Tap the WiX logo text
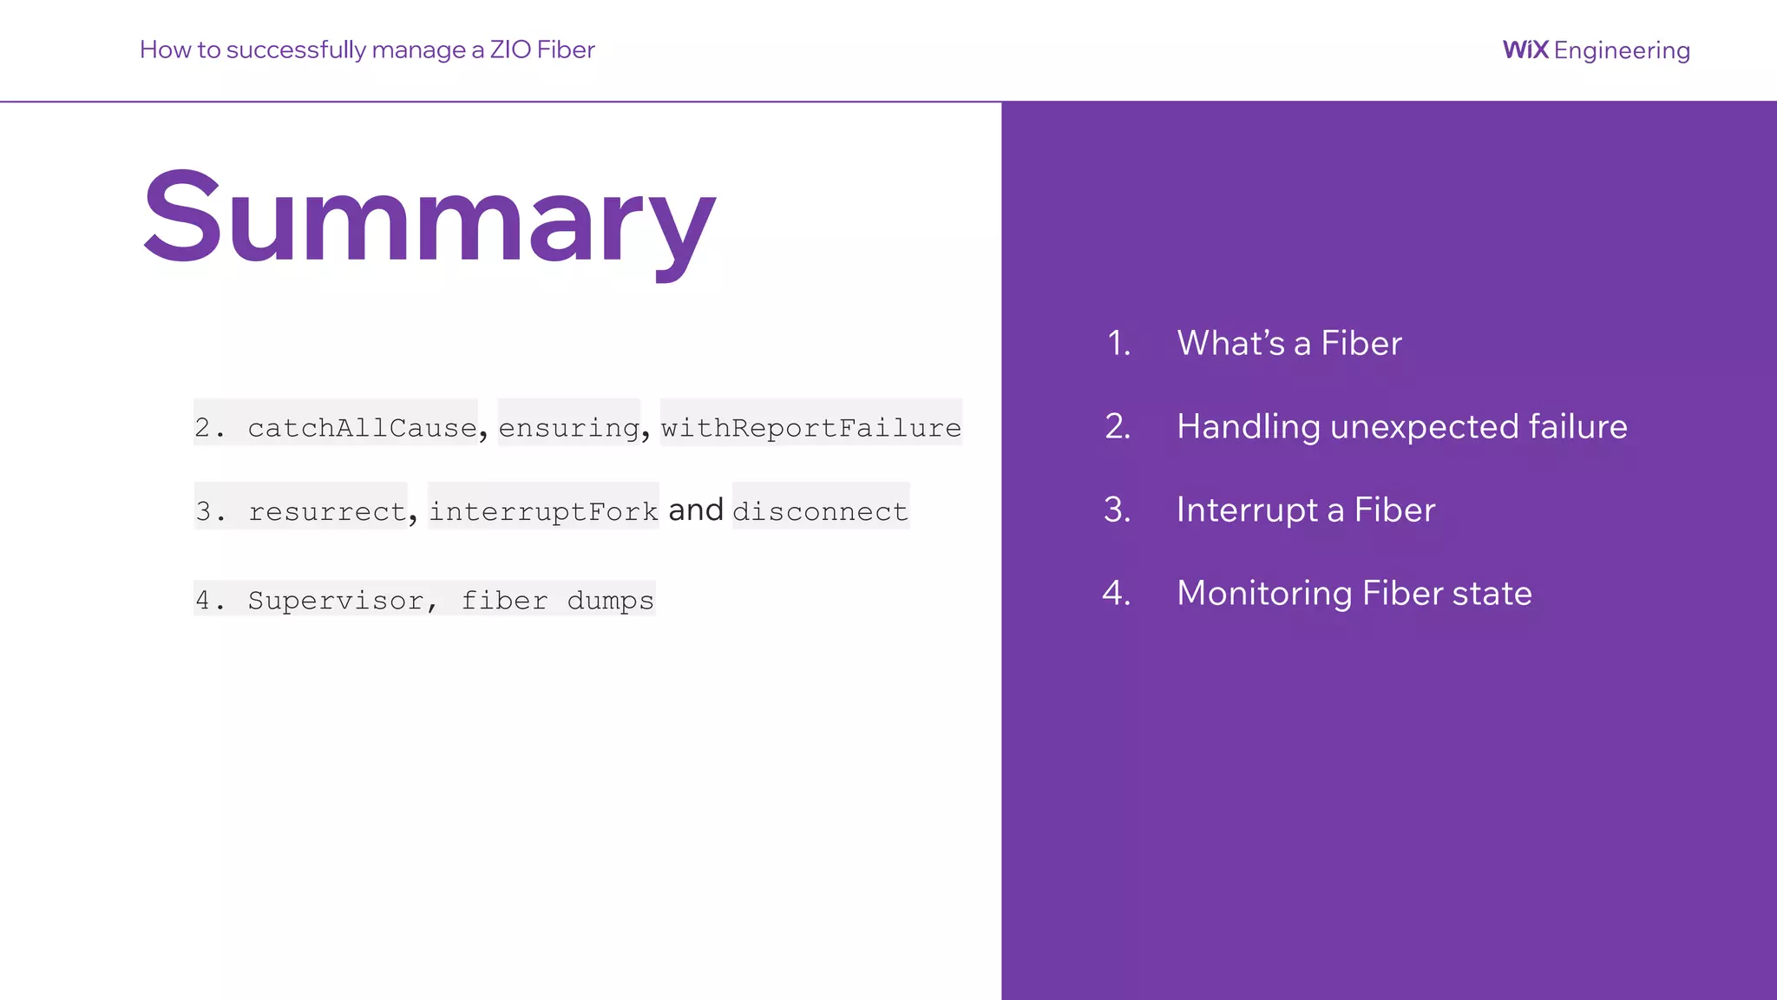click(1525, 50)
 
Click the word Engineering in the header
click(1622, 51)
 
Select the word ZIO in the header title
click(510, 49)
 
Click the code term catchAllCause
click(362, 427)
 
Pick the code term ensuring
click(569, 427)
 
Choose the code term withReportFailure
click(811, 427)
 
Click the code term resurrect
click(327, 511)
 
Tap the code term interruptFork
click(543, 511)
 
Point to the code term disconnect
click(820, 511)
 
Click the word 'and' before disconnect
click(696, 510)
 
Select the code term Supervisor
click(336, 600)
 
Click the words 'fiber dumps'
click(557, 600)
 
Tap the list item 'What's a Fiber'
click(1288, 343)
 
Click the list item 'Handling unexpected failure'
click(1401, 426)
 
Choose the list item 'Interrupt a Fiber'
click(1306, 510)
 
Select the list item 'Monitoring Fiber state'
click(1354, 593)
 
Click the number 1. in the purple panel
click(1119, 343)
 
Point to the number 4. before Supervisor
click(209, 600)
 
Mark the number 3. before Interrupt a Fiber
click(1118, 510)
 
